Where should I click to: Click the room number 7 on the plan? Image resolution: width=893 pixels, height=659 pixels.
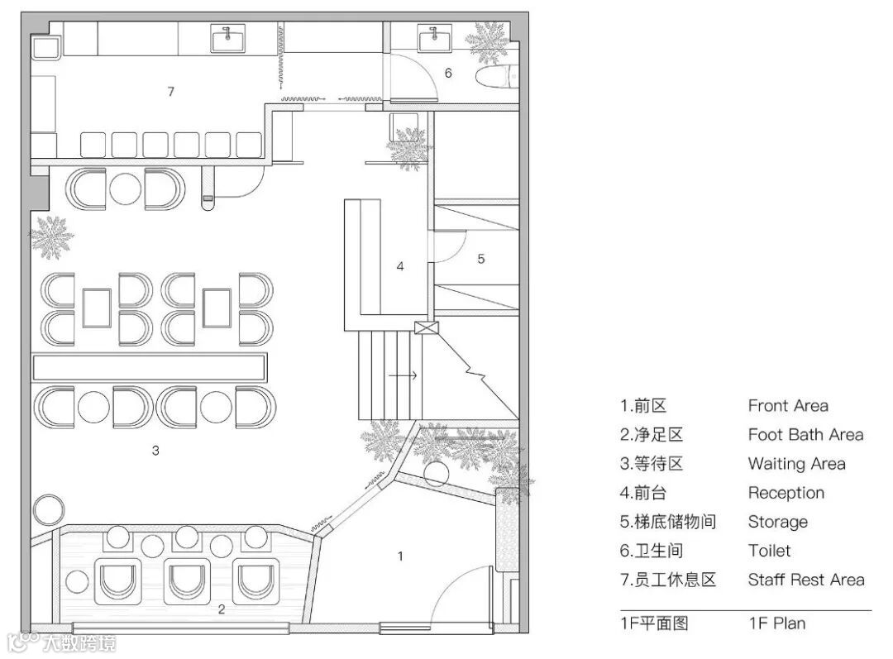click(x=171, y=92)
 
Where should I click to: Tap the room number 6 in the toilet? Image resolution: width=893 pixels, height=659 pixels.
click(x=448, y=73)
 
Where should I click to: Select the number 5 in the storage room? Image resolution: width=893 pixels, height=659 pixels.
click(x=480, y=259)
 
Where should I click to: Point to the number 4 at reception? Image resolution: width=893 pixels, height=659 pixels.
click(x=400, y=266)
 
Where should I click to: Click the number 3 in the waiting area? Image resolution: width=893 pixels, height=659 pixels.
click(x=155, y=451)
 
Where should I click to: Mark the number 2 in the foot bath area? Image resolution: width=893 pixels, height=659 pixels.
click(x=221, y=609)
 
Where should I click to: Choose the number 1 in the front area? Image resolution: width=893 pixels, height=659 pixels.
click(x=400, y=556)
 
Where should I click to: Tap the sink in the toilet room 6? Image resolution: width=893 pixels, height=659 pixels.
click(x=432, y=38)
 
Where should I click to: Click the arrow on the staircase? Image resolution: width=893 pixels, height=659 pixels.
click(x=404, y=376)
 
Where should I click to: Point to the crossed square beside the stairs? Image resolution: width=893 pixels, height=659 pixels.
click(x=425, y=327)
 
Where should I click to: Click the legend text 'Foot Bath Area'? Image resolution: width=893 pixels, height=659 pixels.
click(x=805, y=435)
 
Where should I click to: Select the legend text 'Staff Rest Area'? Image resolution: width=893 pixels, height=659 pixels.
click(x=806, y=580)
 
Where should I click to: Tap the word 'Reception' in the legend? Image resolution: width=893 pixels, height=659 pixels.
click(x=786, y=493)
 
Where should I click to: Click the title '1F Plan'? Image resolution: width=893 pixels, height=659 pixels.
click(x=776, y=623)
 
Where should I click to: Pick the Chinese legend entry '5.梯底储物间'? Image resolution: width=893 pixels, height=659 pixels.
click(x=668, y=522)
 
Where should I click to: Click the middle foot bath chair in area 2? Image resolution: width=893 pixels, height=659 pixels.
click(x=188, y=582)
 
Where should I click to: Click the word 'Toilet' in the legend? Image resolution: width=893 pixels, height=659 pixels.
click(x=769, y=551)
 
